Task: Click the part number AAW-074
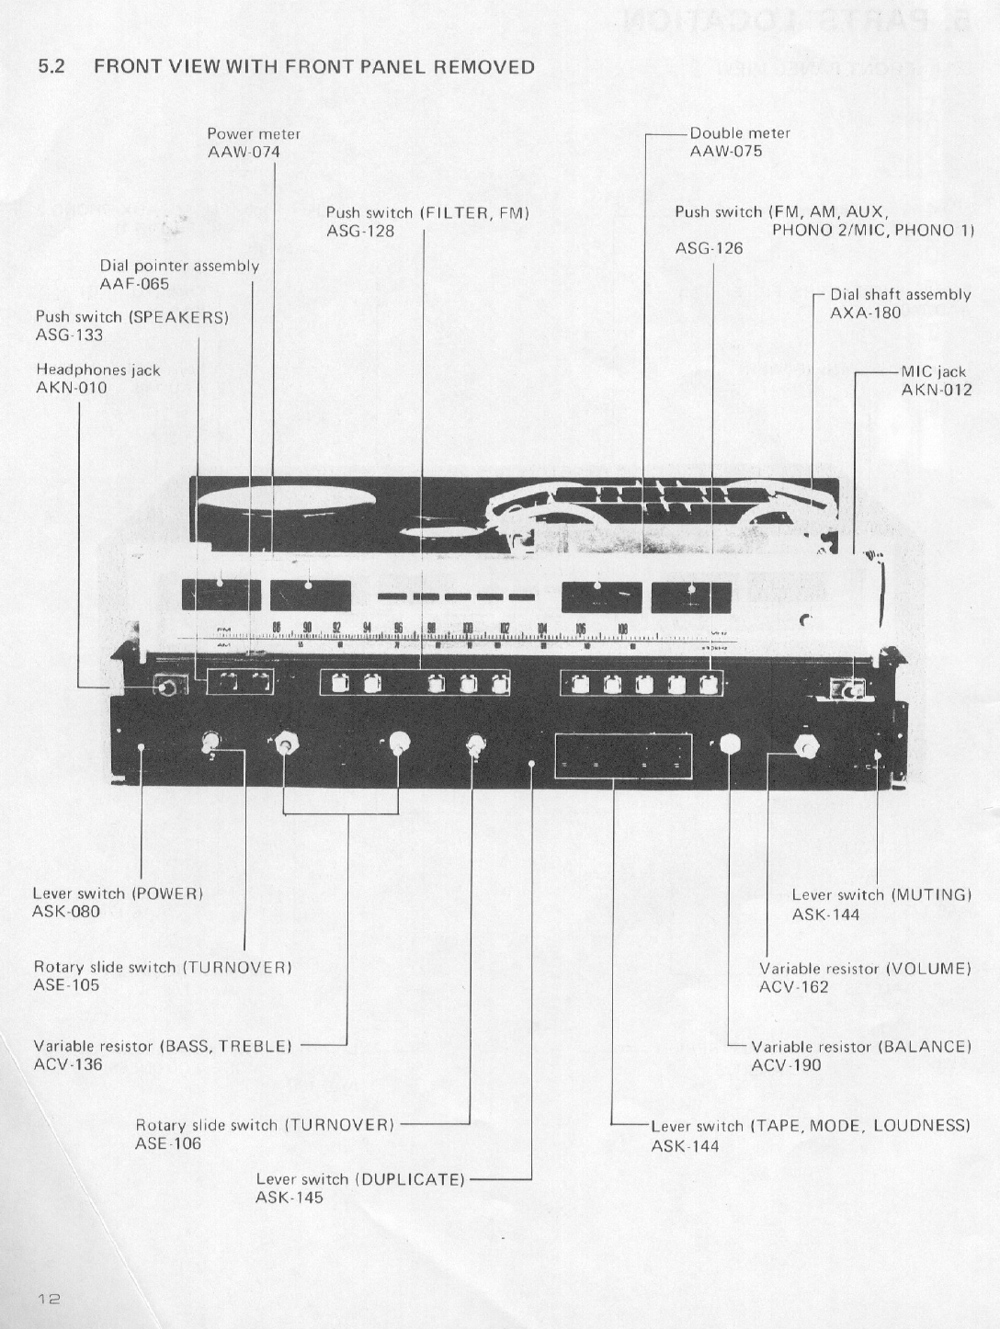pyautogui.click(x=244, y=152)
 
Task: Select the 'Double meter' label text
pyautogui.click(x=740, y=133)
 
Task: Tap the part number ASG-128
pyautogui.click(x=360, y=231)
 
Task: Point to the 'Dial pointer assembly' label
pyautogui.click(x=179, y=266)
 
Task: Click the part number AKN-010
pyautogui.click(x=71, y=388)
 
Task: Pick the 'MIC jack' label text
pyautogui.click(x=933, y=371)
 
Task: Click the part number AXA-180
pyautogui.click(x=865, y=312)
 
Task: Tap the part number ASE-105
pyautogui.click(x=66, y=985)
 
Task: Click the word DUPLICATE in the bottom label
pyautogui.click(x=411, y=1179)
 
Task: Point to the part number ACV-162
pyautogui.click(x=793, y=987)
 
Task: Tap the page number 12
pyautogui.click(x=49, y=1299)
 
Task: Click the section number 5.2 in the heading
pyautogui.click(x=51, y=67)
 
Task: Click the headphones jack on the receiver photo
pyautogui.click(x=166, y=687)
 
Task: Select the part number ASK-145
pyautogui.click(x=290, y=1198)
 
